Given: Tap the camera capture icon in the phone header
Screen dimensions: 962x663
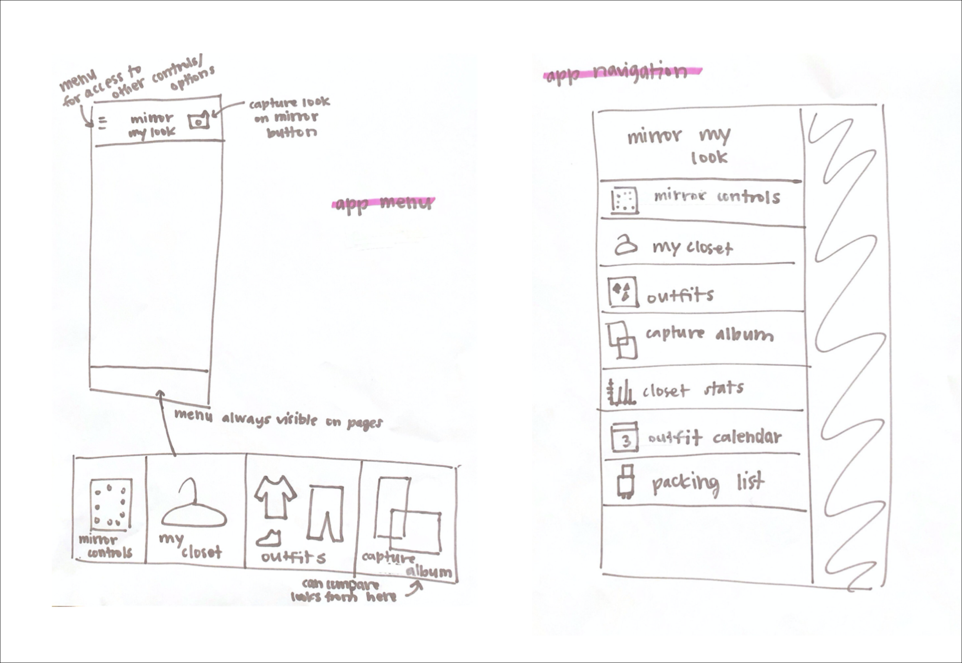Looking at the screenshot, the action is coord(199,121).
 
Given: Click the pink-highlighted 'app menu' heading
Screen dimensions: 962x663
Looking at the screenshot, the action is coord(383,204).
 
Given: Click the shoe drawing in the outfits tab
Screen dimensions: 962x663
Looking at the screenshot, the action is coord(269,538).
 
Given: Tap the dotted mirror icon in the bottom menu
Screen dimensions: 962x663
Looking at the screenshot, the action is coord(111,505).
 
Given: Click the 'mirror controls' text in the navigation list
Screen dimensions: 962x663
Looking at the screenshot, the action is coord(717,197).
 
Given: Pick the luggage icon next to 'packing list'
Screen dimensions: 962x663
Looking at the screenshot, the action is coord(625,482).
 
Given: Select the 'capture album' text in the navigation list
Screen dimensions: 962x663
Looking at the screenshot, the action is coord(709,334).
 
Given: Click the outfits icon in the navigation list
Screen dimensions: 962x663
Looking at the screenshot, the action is coord(622,292).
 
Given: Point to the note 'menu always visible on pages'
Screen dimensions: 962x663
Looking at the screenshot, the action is coord(278,419).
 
